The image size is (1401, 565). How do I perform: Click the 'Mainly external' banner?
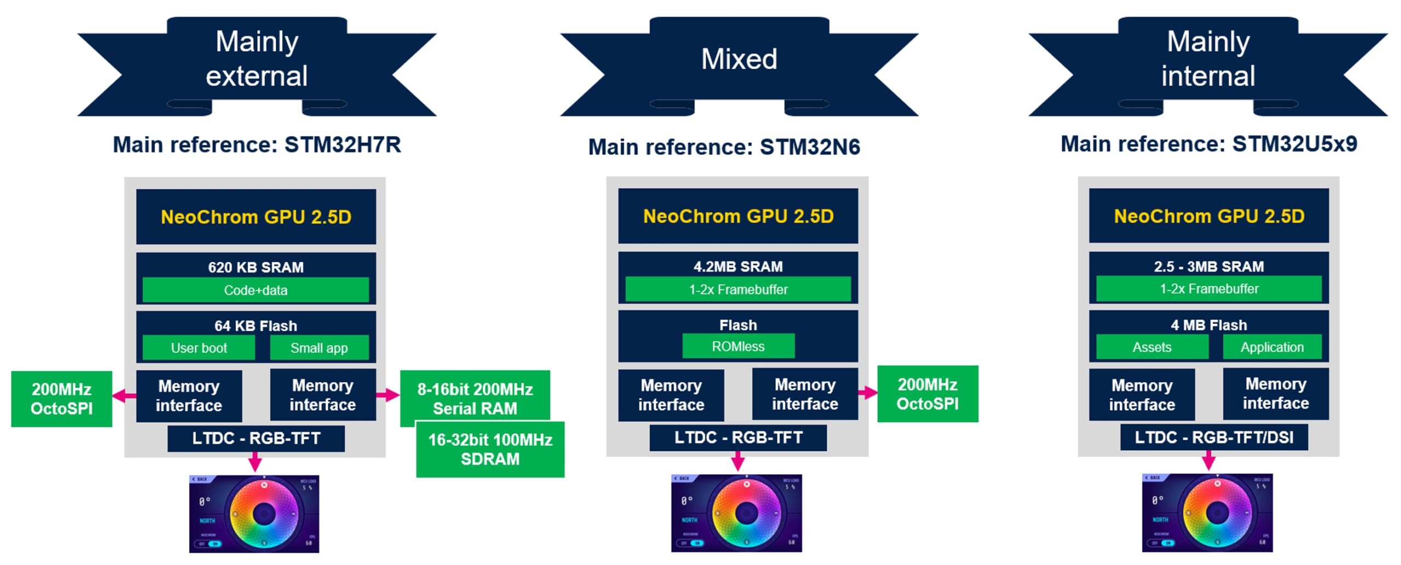(257, 59)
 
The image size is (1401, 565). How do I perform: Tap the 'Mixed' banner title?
(739, 59)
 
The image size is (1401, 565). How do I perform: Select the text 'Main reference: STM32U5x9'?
(1208, 144)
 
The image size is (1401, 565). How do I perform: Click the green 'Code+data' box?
(256, 290)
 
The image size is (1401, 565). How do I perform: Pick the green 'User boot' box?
(199, 348)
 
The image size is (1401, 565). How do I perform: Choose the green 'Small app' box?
(319, 348)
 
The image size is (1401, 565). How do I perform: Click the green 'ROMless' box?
(738, 346)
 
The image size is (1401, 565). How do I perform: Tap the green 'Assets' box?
(1151, 347)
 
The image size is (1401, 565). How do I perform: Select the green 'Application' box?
(1272, 347)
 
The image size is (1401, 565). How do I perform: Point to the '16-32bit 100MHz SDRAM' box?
(490, 450)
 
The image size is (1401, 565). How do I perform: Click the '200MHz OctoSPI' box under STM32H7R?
(61, 399)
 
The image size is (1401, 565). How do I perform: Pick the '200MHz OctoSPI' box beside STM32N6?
(927, 394)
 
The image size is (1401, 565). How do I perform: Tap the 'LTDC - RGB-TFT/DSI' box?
(1213, 438)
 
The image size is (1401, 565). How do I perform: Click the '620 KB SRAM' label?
(256, 267)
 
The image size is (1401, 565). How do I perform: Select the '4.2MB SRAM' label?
(738, 266)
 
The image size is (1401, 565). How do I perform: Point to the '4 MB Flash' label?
(1208, 325)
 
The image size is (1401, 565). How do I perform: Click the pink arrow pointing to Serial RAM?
(388, 395)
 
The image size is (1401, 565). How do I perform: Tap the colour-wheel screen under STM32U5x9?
(1207, 513)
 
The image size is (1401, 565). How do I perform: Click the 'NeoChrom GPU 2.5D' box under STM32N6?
(738, 216)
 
